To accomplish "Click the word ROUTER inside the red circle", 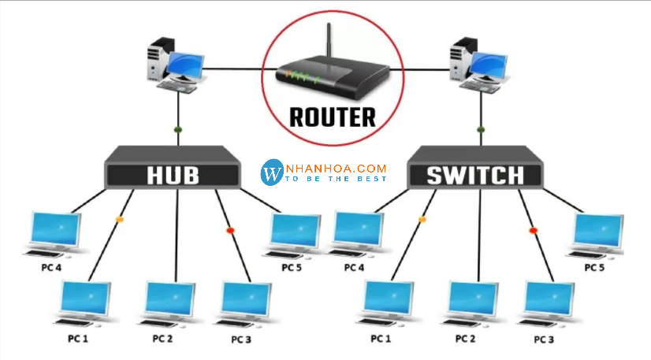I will [x=333, y=117].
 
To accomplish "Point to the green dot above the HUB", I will [x=178, y=129].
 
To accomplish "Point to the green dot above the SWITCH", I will [x=481, y=129].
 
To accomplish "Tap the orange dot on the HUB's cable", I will [x=119, y=219].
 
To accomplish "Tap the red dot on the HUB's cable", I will [x=230, y=230].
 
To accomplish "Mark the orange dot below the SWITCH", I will [x=422, y=219].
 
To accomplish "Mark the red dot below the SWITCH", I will [x=533, y=230].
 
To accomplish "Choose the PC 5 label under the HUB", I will [x=292, y=267].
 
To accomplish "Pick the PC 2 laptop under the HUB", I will [x=169, y=302].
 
